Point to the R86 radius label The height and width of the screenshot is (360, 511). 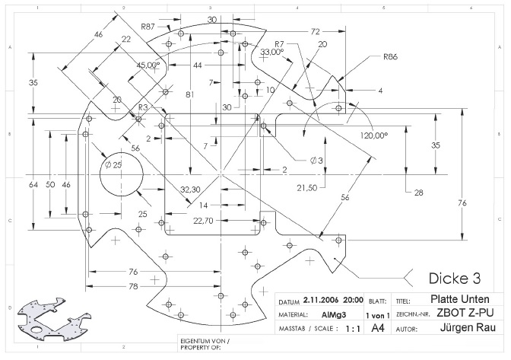(391, 56)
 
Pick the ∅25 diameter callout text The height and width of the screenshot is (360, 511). (113, 164)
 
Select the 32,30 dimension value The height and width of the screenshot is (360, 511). (190, 190)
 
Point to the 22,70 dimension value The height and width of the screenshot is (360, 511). (204, 221)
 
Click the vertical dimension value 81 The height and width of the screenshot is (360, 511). (190, 94)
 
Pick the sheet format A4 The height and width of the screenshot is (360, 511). (377, 329)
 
